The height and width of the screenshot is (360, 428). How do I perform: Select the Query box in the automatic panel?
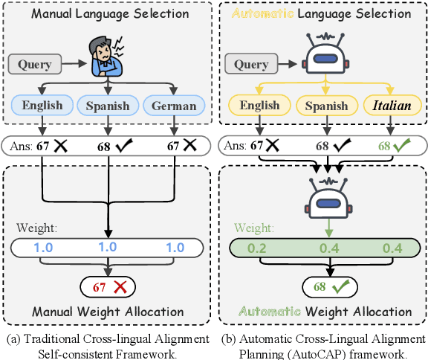[x=250, y=65]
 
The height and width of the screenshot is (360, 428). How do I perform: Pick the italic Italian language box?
[x=392, y=106]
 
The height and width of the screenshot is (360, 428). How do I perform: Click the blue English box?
[x=42, y=106]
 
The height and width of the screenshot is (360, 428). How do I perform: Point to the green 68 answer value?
[x=383, y=145]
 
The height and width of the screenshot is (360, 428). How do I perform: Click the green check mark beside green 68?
[x=403, y=144]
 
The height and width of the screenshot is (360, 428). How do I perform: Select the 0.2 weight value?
[x=256, y=246]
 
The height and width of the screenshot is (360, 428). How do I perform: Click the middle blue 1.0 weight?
[x=108, y=246]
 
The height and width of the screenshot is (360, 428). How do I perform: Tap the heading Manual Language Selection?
[x=109, y=13]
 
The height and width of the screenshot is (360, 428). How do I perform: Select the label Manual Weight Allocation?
[x=108, y=310]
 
